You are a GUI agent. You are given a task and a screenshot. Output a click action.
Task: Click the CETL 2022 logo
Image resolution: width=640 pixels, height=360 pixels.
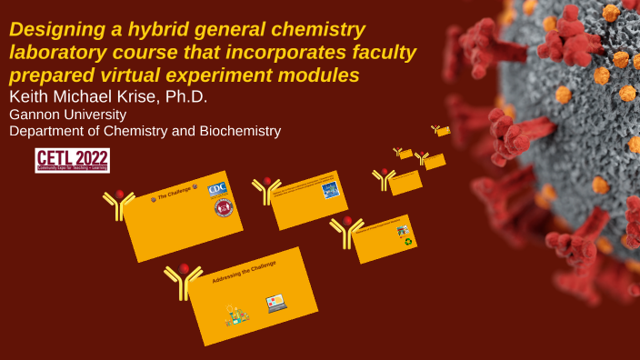pyautogui.click(x=72, y=161)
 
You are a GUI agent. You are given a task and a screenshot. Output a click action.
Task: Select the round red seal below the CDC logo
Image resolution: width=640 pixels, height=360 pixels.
pyautogui.click(x=224, y=208)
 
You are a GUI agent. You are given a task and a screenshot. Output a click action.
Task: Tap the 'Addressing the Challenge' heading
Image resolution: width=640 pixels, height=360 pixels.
pyautogui.click(x=244, y=272)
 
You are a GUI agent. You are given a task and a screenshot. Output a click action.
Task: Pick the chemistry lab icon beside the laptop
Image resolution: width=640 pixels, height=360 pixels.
pyautogui.click(x=237, y=315)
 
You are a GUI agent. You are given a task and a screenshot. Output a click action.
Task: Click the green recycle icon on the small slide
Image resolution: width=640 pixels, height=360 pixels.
pyautogui.click(x=409, y=241)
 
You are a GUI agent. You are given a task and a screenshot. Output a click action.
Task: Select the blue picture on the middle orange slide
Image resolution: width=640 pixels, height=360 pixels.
pyautogui.click(x=329, y=190)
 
